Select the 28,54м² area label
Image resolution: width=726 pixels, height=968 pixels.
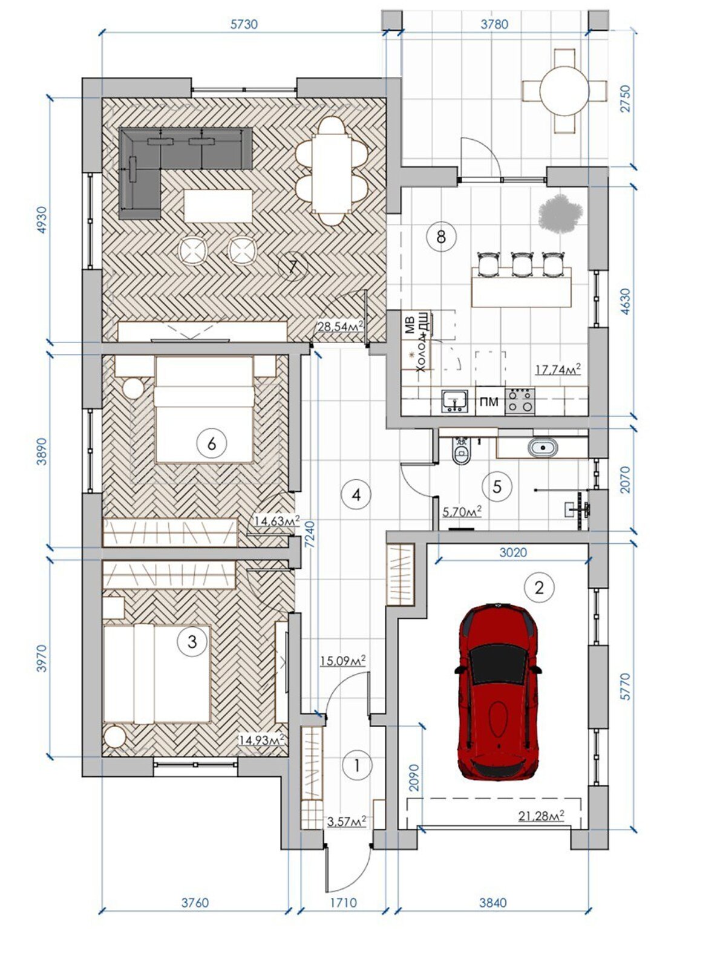340,326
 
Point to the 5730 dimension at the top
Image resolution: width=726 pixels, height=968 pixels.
244,24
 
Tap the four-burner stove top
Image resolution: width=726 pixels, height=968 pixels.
520,401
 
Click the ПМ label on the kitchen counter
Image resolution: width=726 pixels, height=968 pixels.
489,402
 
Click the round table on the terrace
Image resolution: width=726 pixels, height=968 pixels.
564,91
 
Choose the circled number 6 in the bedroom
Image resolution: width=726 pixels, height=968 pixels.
212,443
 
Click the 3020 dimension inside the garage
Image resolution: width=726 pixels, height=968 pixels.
514,552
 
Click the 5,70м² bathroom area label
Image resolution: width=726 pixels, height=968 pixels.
462,511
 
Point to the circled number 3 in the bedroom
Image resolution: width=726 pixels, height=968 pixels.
192,642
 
